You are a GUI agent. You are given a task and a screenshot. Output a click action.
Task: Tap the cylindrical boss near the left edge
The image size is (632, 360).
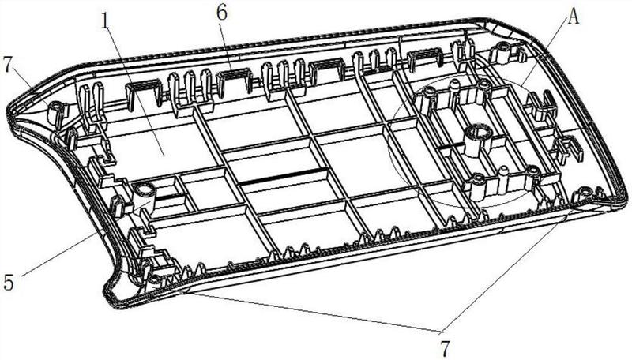(x=145, y=190)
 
